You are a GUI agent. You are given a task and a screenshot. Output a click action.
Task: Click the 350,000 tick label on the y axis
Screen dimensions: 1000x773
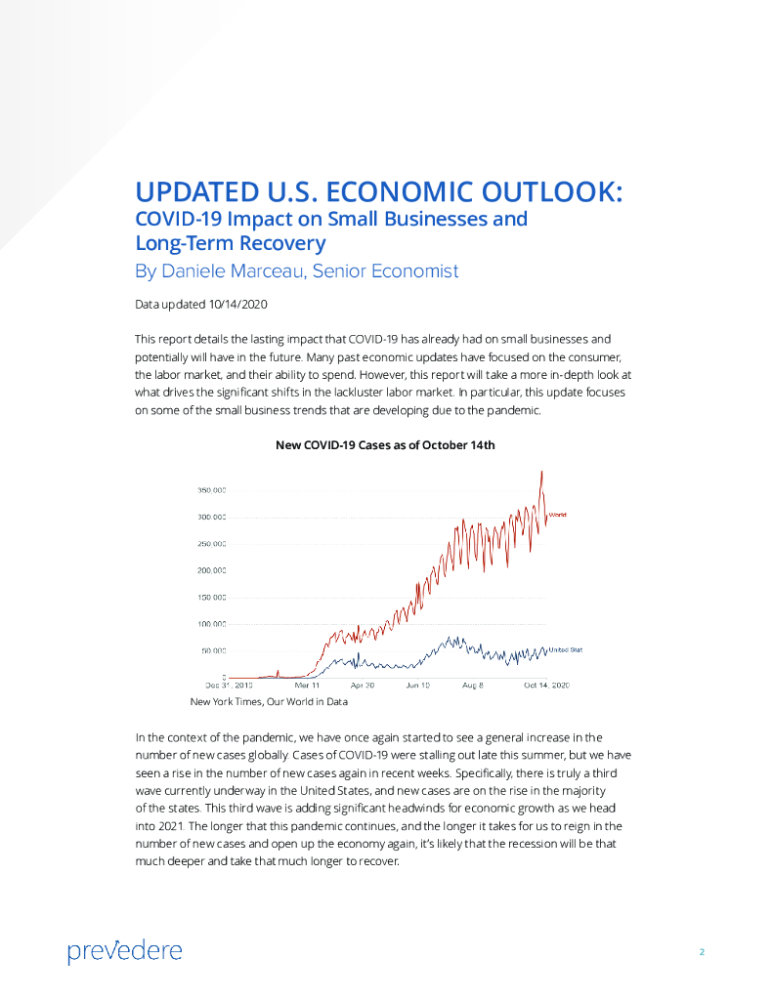(213, 490)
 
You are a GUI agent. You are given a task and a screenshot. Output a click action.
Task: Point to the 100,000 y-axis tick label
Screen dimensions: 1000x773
(213, 623)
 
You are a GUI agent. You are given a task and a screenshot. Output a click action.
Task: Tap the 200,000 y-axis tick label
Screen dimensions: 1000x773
(213, 570)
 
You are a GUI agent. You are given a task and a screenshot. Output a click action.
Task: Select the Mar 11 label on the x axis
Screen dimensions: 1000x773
(308, 687)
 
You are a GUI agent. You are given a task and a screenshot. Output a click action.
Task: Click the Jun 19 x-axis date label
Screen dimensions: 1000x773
(417, 687)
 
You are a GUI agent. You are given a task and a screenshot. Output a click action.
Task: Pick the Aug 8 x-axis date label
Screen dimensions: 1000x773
(473, 687)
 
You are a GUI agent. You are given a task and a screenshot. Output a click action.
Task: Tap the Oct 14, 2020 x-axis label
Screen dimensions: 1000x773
(545, 687)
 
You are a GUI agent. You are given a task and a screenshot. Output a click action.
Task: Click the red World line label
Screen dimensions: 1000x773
(557, 514)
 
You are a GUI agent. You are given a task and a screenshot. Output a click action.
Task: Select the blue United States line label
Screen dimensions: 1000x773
(565, 649)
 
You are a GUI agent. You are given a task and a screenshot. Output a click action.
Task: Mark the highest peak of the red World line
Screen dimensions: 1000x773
(541, 472)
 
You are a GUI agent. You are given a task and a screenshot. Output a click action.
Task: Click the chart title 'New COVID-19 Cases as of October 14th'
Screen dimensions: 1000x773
(385, 445)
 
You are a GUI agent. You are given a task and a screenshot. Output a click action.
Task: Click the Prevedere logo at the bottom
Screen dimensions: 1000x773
(124, 950)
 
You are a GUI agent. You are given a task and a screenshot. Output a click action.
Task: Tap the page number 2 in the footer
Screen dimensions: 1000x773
(702, 951)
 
